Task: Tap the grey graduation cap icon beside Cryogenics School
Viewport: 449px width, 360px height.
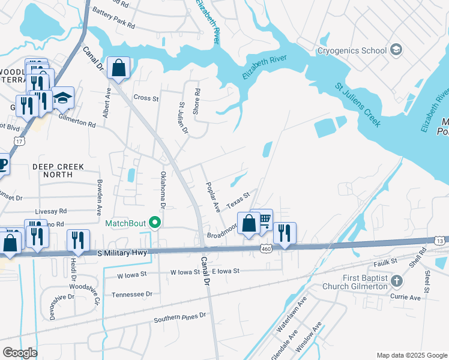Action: [x=396, y=50]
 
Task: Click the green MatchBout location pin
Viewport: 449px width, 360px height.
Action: [x=156, y=223]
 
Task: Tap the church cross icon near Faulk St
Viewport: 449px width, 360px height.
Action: [x=396, y=281]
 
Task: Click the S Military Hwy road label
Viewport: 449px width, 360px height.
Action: [x=122, y=254]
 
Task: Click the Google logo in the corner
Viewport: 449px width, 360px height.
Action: [x=20, y=353]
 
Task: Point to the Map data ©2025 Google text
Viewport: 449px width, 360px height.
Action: [x=411, y=355]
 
